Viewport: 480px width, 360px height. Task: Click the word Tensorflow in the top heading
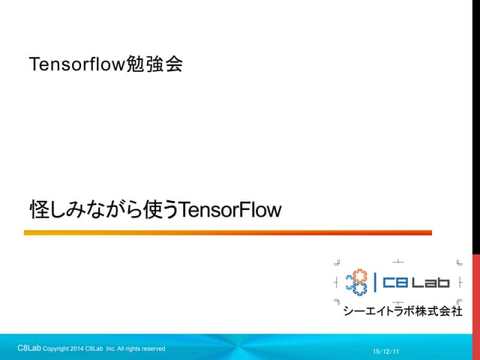click(74, 64)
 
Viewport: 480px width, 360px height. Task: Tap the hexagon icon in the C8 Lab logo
click(357, 283)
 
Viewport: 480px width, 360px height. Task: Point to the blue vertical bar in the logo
click(375, 283)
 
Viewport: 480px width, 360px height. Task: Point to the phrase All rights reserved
click(142, 349)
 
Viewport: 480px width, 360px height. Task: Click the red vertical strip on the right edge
click(475, 292)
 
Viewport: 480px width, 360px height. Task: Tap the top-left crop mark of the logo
click(337, 262)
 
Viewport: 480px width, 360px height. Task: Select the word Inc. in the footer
click(110, 349)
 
